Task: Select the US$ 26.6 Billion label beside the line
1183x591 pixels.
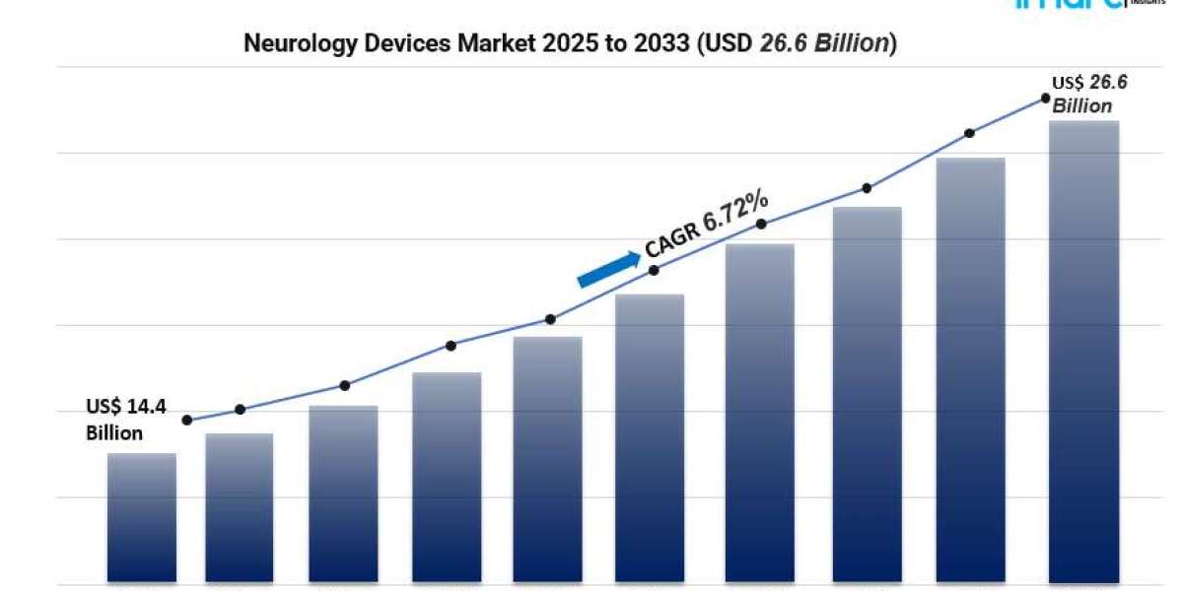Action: [x=1088, y=95]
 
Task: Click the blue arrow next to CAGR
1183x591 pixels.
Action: [x=608, y=269]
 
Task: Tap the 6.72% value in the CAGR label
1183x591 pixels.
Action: [x=733, y=212]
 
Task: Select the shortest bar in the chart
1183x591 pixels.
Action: [x=141, y=517]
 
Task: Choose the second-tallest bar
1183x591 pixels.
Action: [x=970, y=369]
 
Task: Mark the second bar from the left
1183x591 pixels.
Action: [x=239, y=507]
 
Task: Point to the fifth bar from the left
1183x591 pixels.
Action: [x=547, y=458]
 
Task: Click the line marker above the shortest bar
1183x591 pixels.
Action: [x=187, y=420]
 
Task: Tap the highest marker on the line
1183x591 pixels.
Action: [x=1046, y=98]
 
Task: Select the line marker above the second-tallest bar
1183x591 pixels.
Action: [x=969, y=132]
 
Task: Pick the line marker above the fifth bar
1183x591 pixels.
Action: [x=550, y=319]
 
